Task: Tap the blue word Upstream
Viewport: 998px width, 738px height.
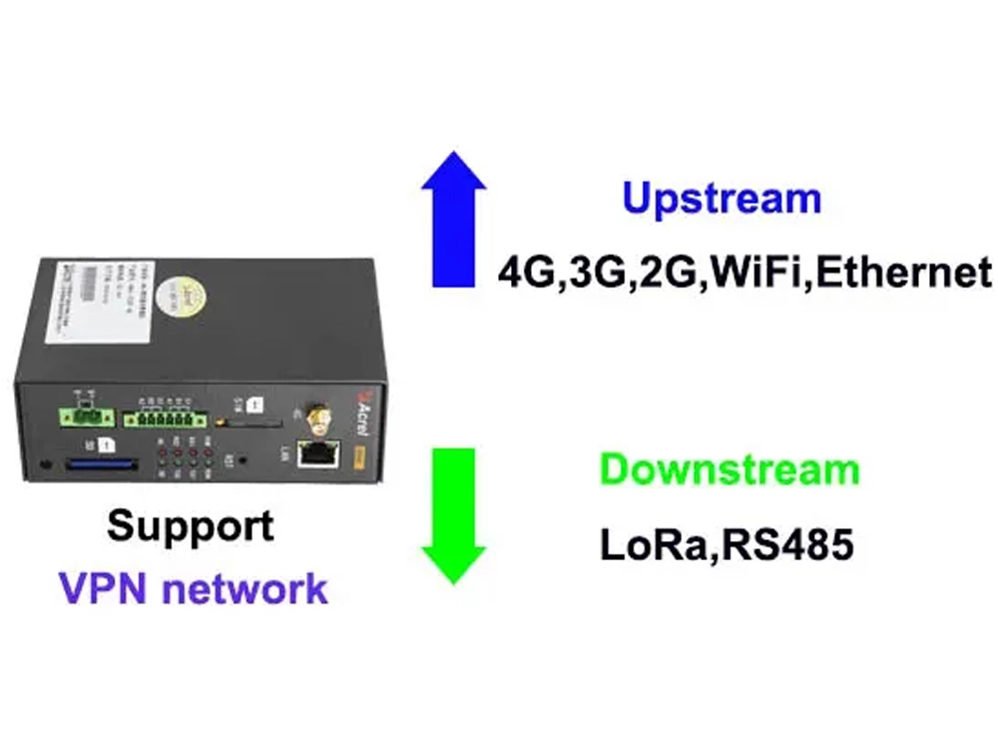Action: pyautogui.click(x=722, y=198)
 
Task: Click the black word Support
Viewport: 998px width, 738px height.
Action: pyautogui.click(x=191, y=525)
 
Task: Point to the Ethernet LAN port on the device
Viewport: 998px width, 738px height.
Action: pyautogui.click(x=317, y=454)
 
